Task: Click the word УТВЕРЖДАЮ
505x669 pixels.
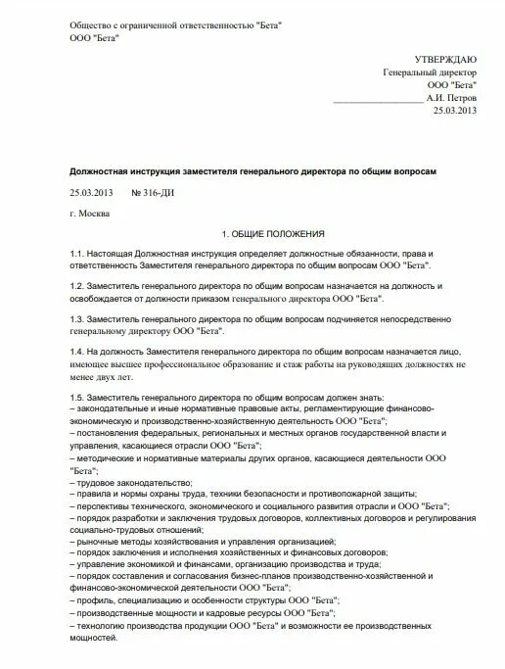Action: (446, 59)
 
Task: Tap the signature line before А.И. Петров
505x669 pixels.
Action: (378, 100)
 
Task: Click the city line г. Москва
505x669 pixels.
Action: (91, 213)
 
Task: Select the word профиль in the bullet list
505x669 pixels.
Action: (97, 599)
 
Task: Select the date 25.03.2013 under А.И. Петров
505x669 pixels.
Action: (454, 112)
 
